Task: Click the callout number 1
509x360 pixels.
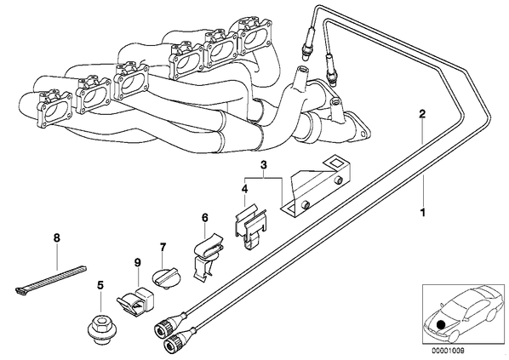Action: tap(422, 213)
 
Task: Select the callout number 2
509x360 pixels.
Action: tap(422, 114)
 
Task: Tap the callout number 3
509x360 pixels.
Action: tap(264, 164)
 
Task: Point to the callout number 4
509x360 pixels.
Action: tap(244, 189)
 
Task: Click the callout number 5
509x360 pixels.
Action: tap(100, 286)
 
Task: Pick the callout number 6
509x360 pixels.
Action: tap(204, 218)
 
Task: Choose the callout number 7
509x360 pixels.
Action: tap(163, 247)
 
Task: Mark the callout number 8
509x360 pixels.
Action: tap(57, 238)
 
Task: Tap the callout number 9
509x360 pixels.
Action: tap(138, 262)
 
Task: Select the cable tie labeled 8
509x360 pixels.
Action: tap(51, 279)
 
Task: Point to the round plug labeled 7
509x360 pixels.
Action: tap(165, 278)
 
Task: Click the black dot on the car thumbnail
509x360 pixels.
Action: tap(441, 325)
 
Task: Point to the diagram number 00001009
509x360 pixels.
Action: tap(448, 351)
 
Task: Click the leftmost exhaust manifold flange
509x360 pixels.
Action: tap(54, 109)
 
